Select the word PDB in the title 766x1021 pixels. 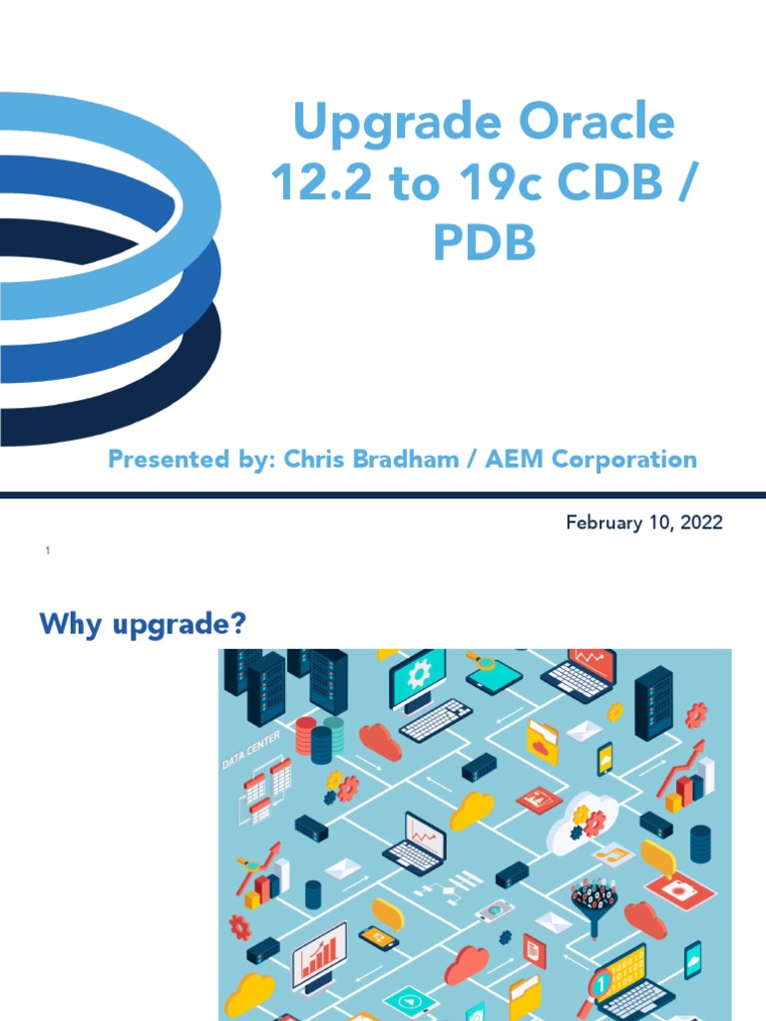pyautogui.click(x=484, y=243)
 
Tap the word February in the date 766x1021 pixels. pyautogui.click(x=601, y=522)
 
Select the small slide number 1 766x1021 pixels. pyautogui.click(x=47, y=551)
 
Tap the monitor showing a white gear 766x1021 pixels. pyautogui.click(x=418, y=679)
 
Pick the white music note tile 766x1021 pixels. pyautogui.click(x=612, y=855)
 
